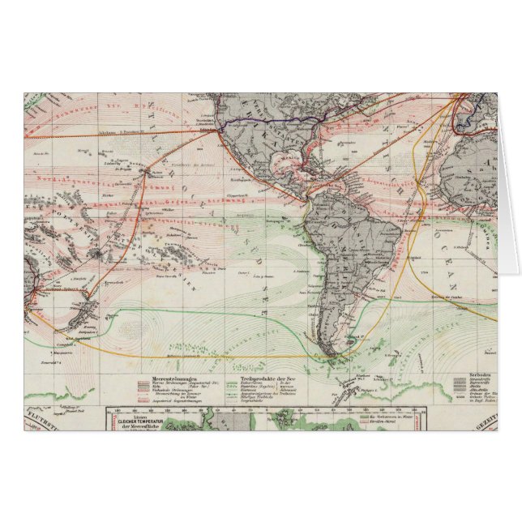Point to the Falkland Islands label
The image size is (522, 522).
point(354,335)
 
